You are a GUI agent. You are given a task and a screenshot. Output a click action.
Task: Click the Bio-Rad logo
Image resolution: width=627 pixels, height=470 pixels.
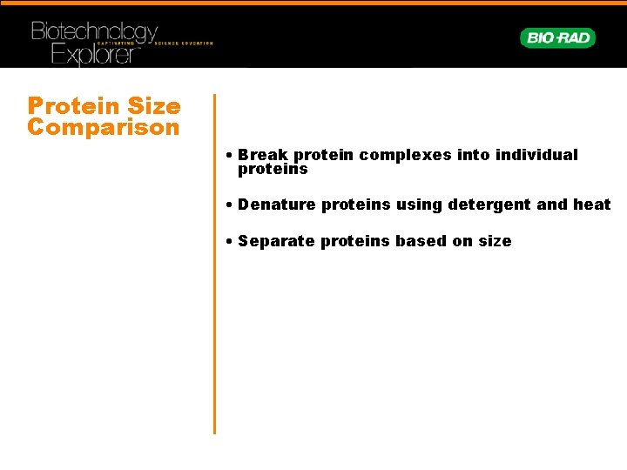point(557,37)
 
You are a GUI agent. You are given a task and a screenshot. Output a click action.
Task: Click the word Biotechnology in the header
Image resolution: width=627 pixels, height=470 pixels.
point(94,33)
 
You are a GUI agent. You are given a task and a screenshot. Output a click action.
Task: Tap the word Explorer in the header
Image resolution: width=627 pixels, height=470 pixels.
point(94,55)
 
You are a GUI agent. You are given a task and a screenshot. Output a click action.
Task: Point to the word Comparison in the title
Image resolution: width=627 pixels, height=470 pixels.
point(103,127)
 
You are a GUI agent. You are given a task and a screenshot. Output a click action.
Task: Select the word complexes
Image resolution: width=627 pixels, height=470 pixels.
point(399,155)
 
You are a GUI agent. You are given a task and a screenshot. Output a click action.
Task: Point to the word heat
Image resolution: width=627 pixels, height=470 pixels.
point(592,205)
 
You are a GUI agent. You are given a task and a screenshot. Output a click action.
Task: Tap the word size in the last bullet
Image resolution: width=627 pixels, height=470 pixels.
point(495,241)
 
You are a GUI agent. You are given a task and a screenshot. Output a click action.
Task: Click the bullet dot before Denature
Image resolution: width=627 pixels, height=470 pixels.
point(226,205)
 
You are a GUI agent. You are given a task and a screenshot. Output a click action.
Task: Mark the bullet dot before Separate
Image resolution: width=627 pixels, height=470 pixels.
point(226,242)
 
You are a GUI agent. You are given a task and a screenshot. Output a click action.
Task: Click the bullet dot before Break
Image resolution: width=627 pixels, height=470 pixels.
point(226,156)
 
